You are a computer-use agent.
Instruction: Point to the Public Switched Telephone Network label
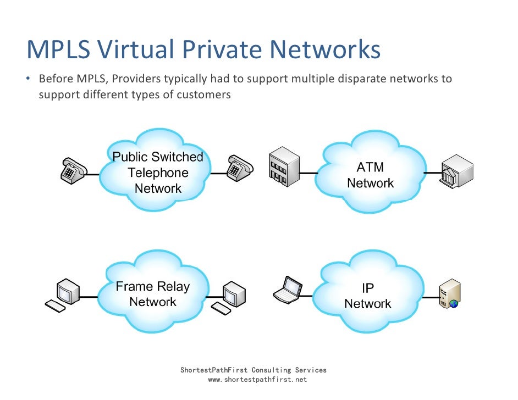(158, 173)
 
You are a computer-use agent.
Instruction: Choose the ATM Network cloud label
(371, 175)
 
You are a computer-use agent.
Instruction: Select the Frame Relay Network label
(153, 294)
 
